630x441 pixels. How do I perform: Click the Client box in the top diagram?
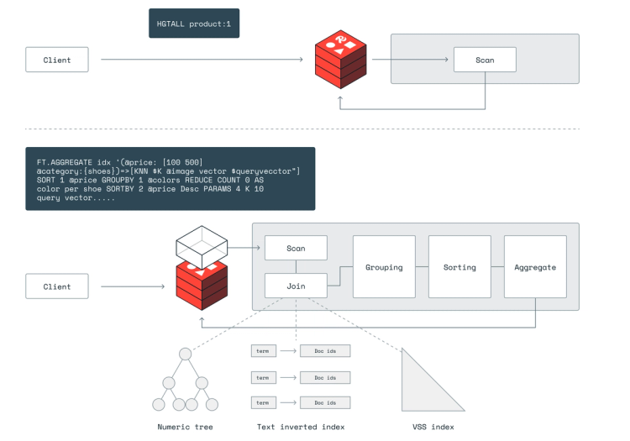pyautogui.click(x=57, y=60)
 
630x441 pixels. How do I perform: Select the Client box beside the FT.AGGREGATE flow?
pyautogui.click(x=57, y=286)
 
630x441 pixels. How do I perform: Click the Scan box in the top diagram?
pyautogui.click(x=485, y=60)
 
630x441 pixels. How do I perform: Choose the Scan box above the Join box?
pyautogui.click(x=296, y=248)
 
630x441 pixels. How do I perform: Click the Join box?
pyautogui.click(x=296, y=286)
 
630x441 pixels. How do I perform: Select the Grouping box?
pyautogui.click(x=384, y=267)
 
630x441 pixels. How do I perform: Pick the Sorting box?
pyautogui.click(x=459, y=267)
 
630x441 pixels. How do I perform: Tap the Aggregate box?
pyautogui.click(x=535, y=267)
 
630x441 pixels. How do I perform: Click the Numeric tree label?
pyautogui.click(x=185, y=427)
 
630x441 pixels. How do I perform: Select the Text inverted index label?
pyautogui.click(x=301, y=427)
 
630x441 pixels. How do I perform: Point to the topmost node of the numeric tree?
pyautogui.click(x=185, y=350)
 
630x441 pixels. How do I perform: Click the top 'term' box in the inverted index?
pyautogui.click(x=263, y=350)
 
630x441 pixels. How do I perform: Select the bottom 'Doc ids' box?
pyautogui.click(x=325, y=402)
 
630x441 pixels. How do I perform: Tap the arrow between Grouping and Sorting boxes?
pyautogui.click(x=422, y=267)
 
